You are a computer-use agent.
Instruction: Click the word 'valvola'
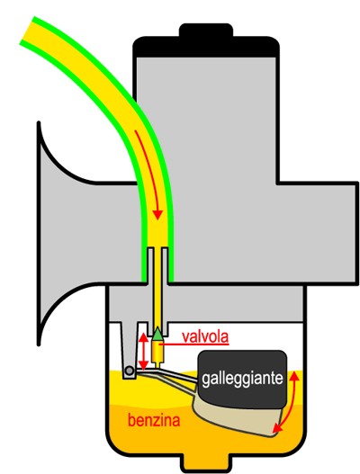pos(205,336)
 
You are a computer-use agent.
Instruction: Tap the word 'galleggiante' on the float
pos(242,378)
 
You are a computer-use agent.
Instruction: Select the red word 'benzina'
pos(154,420)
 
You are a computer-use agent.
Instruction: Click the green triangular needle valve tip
pos(157,334)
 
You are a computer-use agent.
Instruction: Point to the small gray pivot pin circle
pos(130,371)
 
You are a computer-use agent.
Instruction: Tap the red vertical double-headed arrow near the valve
pos(143,351)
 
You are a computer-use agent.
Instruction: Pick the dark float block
pos(242,380)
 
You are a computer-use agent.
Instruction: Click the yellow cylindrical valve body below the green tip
pos(157,353)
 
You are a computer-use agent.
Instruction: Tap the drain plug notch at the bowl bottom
pos(206,461)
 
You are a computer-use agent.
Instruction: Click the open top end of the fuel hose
pos(27,31)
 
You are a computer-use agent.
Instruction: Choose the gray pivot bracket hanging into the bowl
pos(130,351)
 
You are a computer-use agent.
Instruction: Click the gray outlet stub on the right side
pos(318,233)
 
